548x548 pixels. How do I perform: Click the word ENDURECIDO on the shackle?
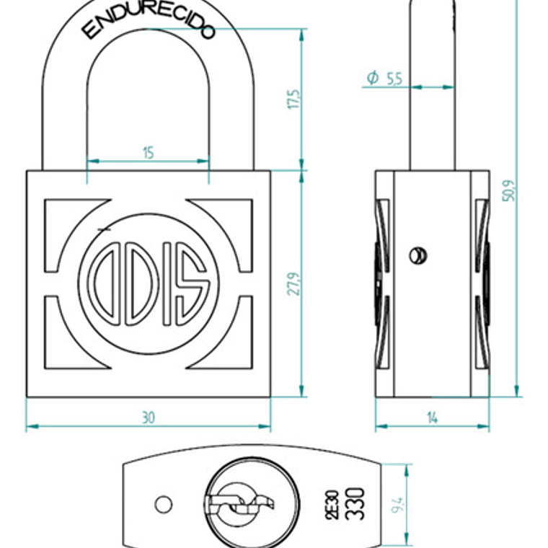pyautogui.click(x=148, y=21)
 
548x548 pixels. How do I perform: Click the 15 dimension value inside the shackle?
pyautogui.click(x=148, y=153)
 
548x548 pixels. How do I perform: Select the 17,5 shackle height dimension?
pyautogui.click(x=293, y=100)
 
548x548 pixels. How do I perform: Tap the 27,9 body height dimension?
pyautogui.click(x=293, y=283)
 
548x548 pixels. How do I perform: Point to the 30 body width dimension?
pyautogui.click(x=148, y=417)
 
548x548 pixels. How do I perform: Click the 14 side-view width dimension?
pyautogui.click(x=432, y=417)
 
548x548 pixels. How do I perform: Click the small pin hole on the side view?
pyautogui.click(x=417, y=255)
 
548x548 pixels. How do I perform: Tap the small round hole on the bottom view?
pyautogui.click(x=164, y=504)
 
